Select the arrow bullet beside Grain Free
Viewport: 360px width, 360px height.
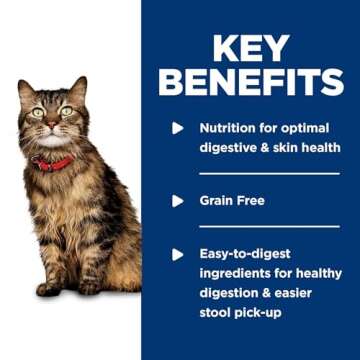click(x=179, y=200)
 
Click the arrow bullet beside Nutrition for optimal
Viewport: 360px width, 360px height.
click(x=179, y=128)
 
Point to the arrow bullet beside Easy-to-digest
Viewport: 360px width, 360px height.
click(x=179, y=254)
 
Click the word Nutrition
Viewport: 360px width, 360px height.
click(x=229, y=128)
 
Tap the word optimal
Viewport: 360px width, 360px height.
click(x=309, y=128)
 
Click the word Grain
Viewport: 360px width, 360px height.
click(x=217, y=200)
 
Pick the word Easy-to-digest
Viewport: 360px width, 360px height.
click(x=246, y=254)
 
